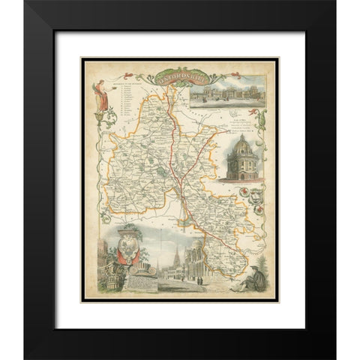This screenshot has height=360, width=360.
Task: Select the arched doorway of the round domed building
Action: pos(241,174)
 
